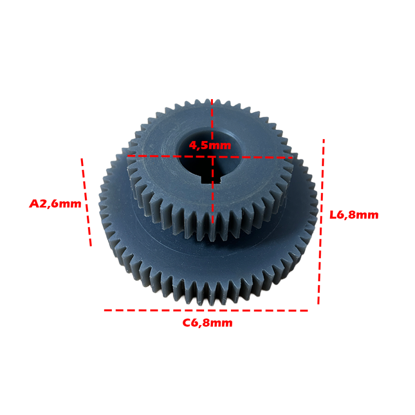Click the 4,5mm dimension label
click(x=210, y=145)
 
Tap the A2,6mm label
click(x=55, y=204)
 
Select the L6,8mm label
click(x=354, y=215)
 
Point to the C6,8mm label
click(x=207, y=323)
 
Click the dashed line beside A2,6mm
click(x=86, y=203)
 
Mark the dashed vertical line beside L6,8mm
click(x=321, y=222)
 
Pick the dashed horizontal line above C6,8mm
click(x=206, y=311)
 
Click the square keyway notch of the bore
click(x=211, y=179)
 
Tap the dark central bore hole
click(x=209, y=156)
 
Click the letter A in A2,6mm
click(x=34, y=204)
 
